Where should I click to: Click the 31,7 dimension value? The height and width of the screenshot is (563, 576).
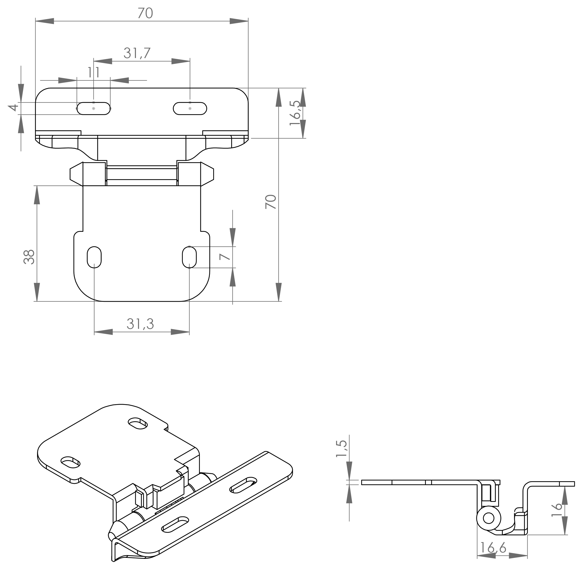tap(137, 53)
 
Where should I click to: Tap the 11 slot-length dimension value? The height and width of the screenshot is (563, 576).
tap(93, 72)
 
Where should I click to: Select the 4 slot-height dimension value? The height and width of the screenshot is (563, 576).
tap(13, 107)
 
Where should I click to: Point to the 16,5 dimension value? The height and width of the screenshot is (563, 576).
tap(294, 113)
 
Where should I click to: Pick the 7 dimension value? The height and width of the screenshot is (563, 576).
tap(225, 256)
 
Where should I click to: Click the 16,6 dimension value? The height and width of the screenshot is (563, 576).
tap(493, 548)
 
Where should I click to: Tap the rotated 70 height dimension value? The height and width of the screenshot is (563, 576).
tap(270, 202)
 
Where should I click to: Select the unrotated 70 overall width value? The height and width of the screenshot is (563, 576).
tap(145, 13)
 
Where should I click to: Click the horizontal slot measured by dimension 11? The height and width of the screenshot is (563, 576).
tap(93, 109)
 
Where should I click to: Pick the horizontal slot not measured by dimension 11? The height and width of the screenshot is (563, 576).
tap(190, 109)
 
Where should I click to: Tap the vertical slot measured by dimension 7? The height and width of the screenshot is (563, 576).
tap(189, 257)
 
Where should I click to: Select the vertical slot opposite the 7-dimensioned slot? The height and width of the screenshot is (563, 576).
tap(94, 257)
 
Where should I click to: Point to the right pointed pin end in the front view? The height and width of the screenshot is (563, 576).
tap(207, 174)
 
